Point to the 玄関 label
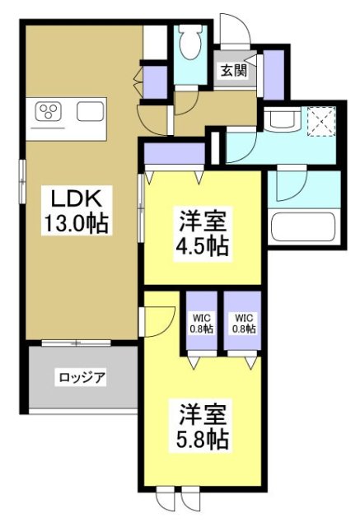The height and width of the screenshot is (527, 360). click(232, 71)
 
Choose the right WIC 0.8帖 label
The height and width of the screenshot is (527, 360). click(244, 322)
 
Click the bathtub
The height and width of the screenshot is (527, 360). click(303, 223)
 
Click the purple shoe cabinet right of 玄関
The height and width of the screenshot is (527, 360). click(273, 72)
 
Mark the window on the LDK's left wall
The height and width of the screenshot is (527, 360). click(23, 178)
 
